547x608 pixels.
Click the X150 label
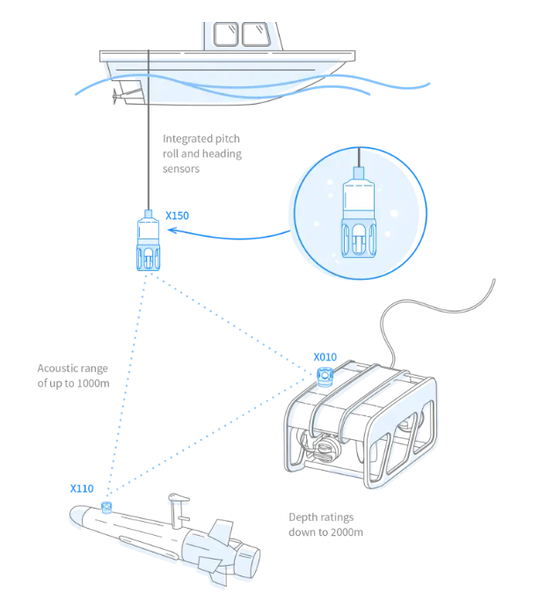coord(178,214)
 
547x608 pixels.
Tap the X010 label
coord(325,357)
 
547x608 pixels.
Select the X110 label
coord(82,487)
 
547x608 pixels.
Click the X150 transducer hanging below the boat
coord(149,243)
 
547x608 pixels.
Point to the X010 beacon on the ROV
coord(325,377)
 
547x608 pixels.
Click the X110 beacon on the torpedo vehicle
coord(106,508)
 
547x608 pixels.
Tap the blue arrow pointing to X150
coord(229,235)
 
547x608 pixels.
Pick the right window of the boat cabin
coord(257,34)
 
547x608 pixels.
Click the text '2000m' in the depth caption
coord(343,532)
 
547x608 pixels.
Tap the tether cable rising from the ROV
coord(440,308)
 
